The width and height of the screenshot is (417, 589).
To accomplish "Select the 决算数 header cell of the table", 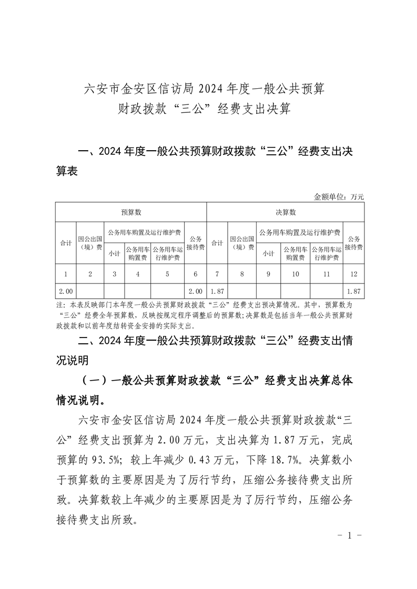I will coord(286,212).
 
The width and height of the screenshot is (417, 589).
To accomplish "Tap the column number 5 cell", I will coord(167,274).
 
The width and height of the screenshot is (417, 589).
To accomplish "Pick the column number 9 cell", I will coord(268,274).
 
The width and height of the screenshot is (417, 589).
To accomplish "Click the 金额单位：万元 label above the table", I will coord(339,197).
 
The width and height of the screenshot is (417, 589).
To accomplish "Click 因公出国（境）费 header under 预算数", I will coord(90,243).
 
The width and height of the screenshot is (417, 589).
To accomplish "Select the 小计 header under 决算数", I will coord(268,253).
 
